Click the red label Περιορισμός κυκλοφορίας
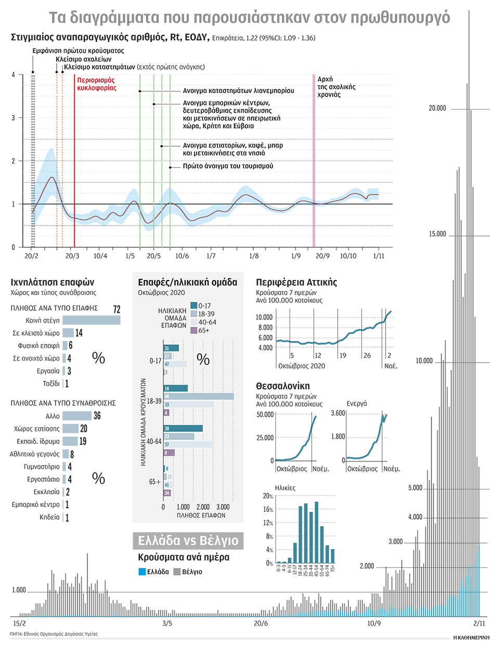point(97,84)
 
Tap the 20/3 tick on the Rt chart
point(72,256)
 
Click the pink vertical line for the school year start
point(313,161)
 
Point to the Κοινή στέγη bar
point(91,321)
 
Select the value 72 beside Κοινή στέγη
point(116,309)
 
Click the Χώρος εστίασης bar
point(70,429)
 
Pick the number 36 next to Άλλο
point(97,416)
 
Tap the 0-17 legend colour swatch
point(194,306)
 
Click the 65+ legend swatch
point(194,330)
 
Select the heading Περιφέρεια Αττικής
point(296,282)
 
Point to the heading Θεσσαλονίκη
point(282,386)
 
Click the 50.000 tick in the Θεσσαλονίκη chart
point(265,415)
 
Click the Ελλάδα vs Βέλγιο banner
point(188,541)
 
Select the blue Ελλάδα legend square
point(142,572)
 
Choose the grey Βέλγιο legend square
point(177,572)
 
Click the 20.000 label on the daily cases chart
point(437,108)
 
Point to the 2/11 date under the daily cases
point(479,624)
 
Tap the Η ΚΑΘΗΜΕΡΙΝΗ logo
point(471,637)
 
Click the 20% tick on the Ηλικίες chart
point(268,496)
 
